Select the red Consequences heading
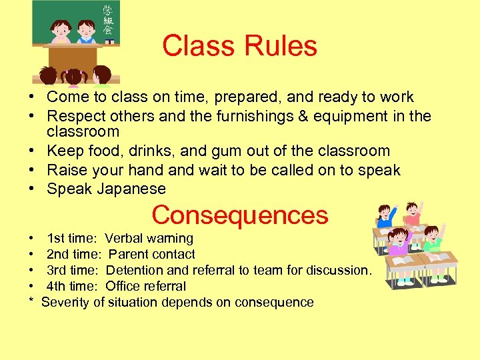pyautogui.click(x=240, y=215)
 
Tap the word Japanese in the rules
pyautogui.click(x=131, y=189)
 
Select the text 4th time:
pyautogui.click(x=73, y=286)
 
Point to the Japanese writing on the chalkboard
pyautogui.click(x=107, y=21)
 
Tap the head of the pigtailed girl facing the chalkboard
pyautogui.click(x=74, y=76)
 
